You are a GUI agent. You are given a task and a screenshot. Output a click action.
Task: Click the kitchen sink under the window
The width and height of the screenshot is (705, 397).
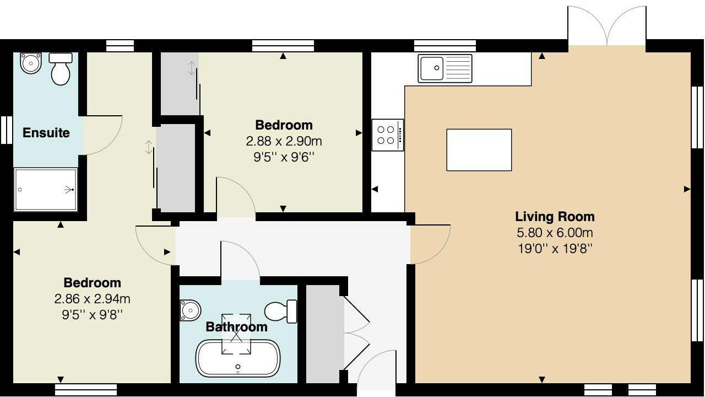click(x=444, y=68)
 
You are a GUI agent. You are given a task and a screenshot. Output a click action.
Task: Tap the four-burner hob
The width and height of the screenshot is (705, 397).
click(x=387, y=135)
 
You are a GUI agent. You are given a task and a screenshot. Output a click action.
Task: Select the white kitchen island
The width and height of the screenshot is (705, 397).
click(x=479, y=150)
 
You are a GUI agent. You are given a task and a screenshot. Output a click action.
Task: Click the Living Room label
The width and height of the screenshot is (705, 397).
click(x=554, y=217)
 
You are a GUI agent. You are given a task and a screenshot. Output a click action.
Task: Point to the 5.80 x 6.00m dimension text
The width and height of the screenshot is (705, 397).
click(x=554, y=233)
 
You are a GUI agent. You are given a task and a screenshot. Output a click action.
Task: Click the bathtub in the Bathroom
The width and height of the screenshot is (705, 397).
click(x=238, y=358)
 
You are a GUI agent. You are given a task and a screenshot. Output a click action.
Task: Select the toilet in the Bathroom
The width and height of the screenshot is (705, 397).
click(x=282, y=311)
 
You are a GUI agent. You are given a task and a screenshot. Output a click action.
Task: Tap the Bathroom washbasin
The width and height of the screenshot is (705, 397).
click(x=189, y=310)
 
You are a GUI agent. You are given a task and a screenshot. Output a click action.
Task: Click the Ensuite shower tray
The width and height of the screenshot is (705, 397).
click(x=46, y=190)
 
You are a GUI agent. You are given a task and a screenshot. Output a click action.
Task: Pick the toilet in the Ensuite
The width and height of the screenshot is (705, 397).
click(x=61, y=68)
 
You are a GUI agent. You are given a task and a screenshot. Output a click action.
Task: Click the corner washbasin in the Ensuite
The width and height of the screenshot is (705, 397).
click(x=31, y=63)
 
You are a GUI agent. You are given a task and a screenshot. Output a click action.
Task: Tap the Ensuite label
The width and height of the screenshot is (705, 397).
click(x=46, y=133)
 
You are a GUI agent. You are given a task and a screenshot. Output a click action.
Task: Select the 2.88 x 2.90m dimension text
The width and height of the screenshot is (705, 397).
click(x=284, y=141)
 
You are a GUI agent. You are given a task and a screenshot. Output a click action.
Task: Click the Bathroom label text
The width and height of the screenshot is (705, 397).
click(x=236, y=327)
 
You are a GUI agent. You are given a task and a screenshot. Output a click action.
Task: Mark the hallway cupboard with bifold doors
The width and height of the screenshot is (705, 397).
click(x=323, y=334)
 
